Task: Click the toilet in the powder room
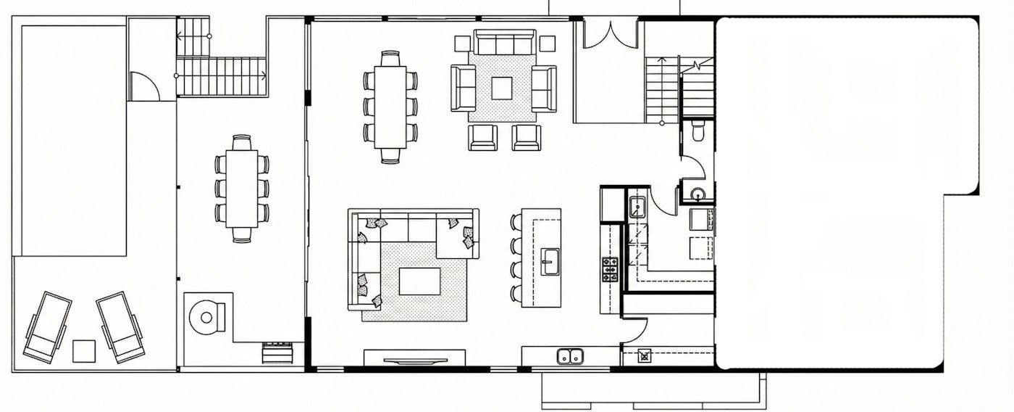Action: pos(698,131)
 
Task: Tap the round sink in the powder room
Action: pos(697,194)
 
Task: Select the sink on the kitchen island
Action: pos(550,261)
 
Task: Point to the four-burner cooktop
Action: pos(610,269)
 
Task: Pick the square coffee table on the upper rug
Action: pos(502,88)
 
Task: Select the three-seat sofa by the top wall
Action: pos(504,43)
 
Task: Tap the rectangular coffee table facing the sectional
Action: pos(419,281)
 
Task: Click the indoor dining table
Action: pos(390,107)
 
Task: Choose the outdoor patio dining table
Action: pos(242,189)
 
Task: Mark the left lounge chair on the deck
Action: pos(47,326)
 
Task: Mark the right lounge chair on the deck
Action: pos(120,326)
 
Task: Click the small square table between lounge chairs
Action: pos(84,351)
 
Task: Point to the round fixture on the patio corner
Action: pos(206,317)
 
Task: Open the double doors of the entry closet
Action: pos(610,35)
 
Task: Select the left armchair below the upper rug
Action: pos(482,137)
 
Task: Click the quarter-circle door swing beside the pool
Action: pos(144,86)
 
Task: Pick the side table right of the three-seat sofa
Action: pos(548,44)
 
